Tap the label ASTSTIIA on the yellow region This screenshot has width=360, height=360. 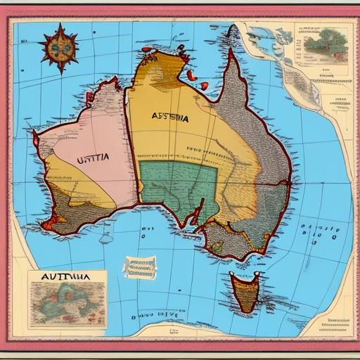tap(169, 118)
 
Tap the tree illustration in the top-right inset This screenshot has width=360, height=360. tap(325, 42)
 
